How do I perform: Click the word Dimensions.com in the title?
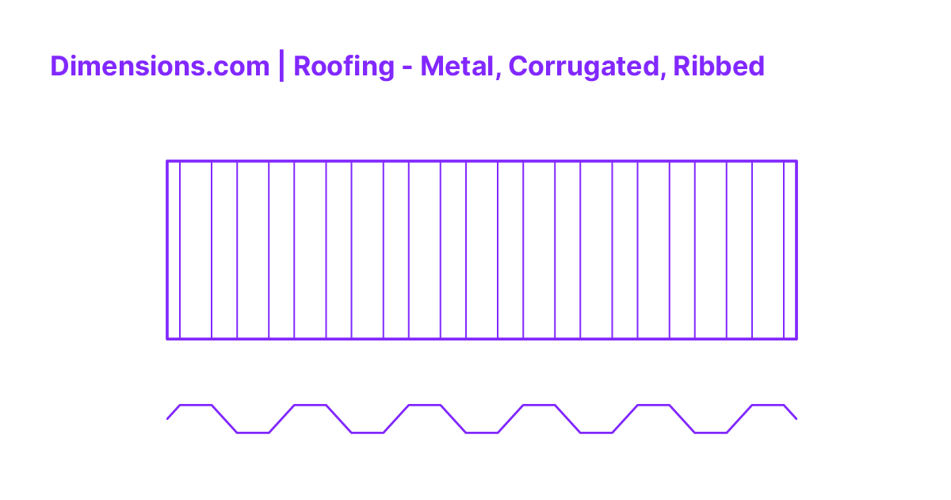(159, 67)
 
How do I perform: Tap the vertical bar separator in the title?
(281, 66)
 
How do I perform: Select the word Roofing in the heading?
(343, 67)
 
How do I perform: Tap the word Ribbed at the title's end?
(719, 66)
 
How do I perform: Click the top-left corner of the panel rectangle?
(167, 161)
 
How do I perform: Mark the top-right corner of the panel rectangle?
(796, 161)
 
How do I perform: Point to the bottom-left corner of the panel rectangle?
(167, 339)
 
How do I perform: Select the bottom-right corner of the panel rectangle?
(796, 339)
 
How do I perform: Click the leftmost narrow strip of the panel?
(174, 250)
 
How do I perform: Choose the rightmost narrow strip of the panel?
(790, 250)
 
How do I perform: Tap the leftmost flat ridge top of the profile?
(196, 406)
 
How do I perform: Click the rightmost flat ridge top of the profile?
(768, 406)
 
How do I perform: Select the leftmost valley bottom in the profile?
(253, 433)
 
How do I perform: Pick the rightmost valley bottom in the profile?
(711, 433)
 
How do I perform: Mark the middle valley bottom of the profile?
(482, 433)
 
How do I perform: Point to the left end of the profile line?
(167, 418)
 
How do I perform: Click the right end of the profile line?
(796, 418)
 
